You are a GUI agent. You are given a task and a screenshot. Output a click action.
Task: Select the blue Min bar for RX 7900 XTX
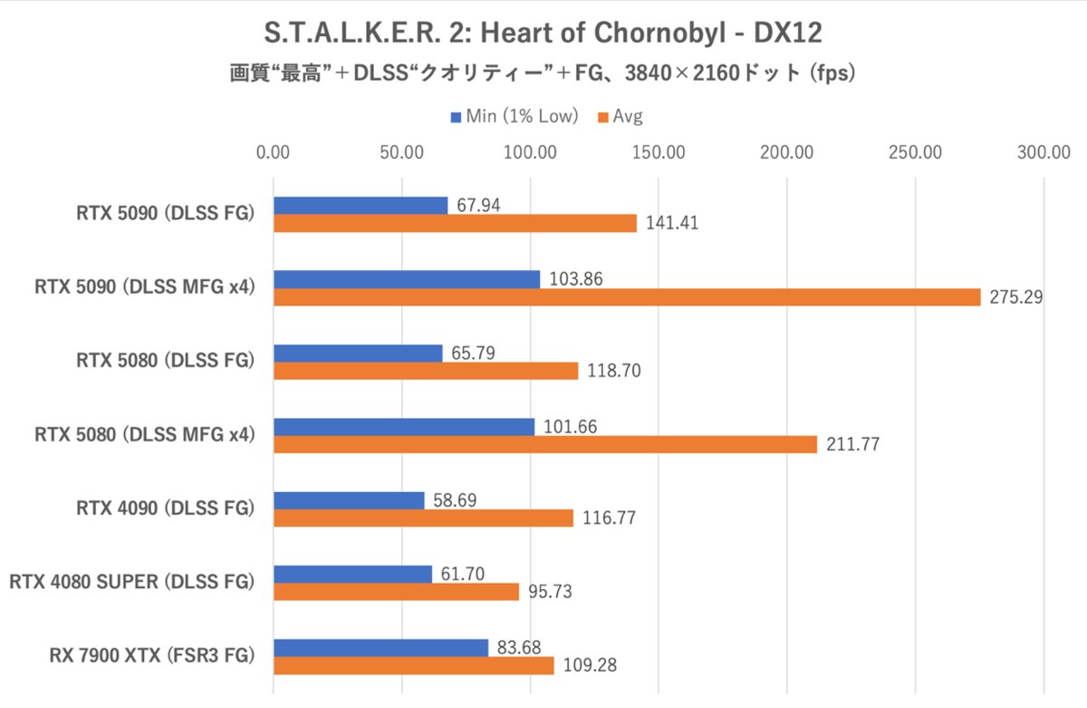[x=380, y=647]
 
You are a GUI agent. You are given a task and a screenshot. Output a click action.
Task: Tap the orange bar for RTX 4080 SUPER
[x=396, y=592]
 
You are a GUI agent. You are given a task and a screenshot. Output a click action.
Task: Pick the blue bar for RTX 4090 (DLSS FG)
[x=349, y=500]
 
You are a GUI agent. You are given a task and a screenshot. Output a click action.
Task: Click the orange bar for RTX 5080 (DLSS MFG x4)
[x=545, y=444]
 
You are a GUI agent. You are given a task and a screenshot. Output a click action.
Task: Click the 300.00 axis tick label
[x=1044, y=152]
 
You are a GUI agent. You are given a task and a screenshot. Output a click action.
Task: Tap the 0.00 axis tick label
[x=274, y=152]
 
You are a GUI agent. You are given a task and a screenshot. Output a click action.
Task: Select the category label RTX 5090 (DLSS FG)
[x=165, y=214]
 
